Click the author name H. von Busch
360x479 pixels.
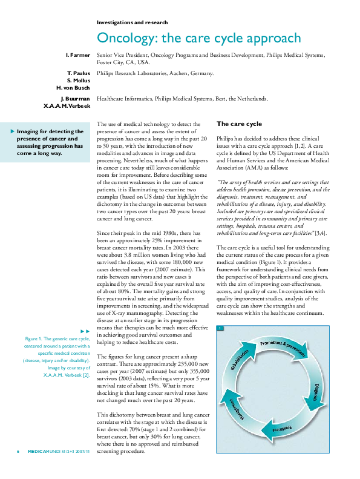(73, 87)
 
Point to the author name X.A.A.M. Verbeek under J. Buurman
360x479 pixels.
(67, 105)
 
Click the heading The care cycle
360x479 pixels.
(238, 124)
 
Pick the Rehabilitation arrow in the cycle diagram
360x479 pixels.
(240, 360)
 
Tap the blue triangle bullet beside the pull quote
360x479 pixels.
(13, 131)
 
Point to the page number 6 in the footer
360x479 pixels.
(18, 469)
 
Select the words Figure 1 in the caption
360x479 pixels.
(35, 339)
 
